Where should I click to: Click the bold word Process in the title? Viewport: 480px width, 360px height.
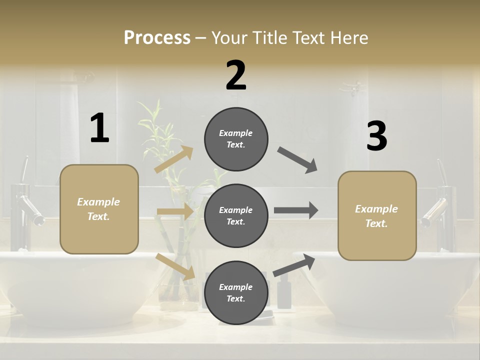(x=157, y=38)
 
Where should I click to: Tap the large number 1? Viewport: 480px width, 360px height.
(x=99, y=128)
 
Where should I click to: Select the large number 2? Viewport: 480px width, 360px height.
(x=236, y=76)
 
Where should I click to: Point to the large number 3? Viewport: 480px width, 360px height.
(x=376, y=136)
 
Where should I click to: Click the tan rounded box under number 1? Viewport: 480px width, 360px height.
(x=99, y=209)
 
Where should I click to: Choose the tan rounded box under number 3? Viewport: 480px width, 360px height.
(x=377, y=216)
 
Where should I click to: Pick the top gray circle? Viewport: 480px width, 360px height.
(x=236, y=139)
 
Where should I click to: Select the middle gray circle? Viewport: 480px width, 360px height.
(x=236, y=215)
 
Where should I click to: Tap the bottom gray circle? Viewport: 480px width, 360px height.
(x=236, y=292)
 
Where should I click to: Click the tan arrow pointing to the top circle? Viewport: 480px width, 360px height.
(x=174, y=159)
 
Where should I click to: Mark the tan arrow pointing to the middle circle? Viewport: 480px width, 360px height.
(x=175, y=211)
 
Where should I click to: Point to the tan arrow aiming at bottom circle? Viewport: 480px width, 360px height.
(x=175, y=266)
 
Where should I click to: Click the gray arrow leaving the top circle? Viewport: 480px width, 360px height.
(x=297, y=160)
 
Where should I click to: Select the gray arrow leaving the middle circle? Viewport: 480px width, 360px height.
(x=296, y=210)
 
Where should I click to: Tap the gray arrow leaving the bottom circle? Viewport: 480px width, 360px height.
(x=294, y=265)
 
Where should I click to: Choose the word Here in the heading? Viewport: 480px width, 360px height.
(x=350, y=38)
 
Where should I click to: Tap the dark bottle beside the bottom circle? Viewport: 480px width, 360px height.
(x=284, y=295)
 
